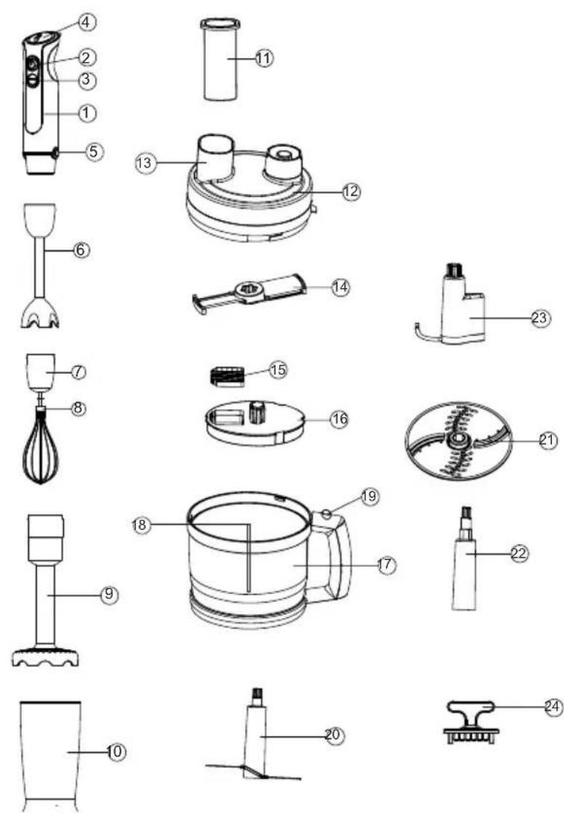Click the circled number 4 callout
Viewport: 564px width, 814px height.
(87, 22)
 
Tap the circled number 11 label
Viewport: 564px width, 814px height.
(263, 58)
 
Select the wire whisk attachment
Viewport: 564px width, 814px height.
(40, 444)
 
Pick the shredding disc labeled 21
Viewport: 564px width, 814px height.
(459, 440)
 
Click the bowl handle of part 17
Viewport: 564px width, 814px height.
(333, 555)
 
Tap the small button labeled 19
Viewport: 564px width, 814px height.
(327, 515)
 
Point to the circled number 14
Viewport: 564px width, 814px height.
(341, 286)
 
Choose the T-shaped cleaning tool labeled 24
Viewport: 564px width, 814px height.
(472, 722)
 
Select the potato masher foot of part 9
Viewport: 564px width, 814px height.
(45, 655)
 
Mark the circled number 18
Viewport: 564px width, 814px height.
(141, 525)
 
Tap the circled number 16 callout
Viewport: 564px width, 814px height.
(339, 419)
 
